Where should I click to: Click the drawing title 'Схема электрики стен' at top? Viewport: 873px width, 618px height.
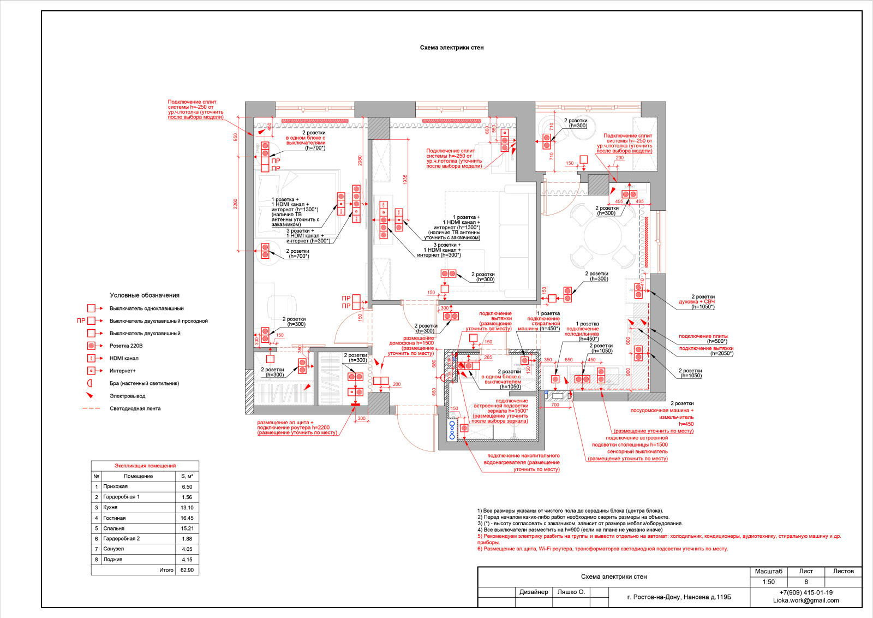click(451, 47)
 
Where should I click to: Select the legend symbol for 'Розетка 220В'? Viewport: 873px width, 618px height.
click(92, 346)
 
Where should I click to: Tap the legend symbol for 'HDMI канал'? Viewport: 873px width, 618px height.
click(92, 358)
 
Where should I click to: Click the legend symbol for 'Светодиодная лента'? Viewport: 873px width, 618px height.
click(92, 408)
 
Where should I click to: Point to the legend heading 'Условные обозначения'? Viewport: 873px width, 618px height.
click(145, 295)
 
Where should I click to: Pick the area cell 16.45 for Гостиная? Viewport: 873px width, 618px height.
click(187, 518)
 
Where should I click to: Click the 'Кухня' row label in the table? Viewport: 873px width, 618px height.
click(110, 507)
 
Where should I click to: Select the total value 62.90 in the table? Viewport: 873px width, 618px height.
click(187, 570)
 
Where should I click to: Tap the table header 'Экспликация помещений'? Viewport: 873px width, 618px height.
click(145, 466)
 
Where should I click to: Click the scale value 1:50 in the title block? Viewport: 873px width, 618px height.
click(768, 582)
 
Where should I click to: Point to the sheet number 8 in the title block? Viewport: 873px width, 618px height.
click(806, 582)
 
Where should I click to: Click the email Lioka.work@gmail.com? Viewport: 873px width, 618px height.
click(806, 601)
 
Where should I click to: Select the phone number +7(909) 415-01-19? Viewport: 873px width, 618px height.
click(806, 593)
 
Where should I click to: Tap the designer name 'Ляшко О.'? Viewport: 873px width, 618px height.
click(571, 592)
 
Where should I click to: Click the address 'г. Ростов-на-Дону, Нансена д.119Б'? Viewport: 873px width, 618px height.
click(679, 597)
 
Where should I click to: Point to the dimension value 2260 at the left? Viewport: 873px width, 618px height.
click(236, 204)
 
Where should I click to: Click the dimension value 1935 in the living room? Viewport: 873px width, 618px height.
click(405, 180)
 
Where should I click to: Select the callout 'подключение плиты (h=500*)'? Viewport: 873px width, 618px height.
click(703, 338)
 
